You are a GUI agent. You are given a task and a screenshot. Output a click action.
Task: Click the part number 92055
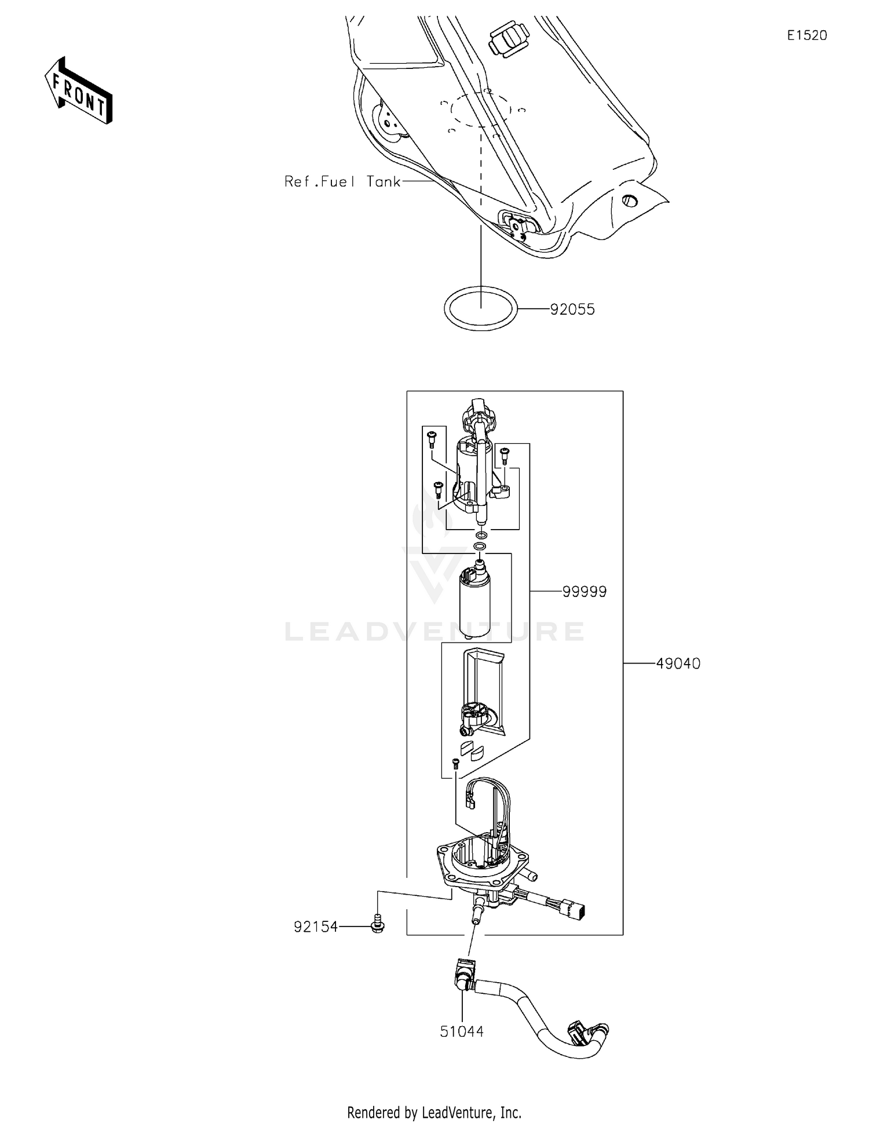click(572, 309)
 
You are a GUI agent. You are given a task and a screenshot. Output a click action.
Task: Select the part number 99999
click(584, 592)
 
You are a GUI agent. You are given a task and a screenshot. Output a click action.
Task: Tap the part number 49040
click(678, 663)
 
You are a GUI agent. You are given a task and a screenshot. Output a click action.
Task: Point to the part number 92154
click(316, 927)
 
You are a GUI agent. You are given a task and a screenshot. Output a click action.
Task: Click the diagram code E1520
click(806, 35)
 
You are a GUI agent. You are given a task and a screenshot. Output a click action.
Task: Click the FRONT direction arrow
click(78, 91)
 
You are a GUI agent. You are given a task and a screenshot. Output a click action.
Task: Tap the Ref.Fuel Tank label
click(342, 182)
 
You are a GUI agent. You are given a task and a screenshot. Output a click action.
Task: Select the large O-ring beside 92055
click(480, 308)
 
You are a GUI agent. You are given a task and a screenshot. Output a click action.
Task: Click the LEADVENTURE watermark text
click(434, 632)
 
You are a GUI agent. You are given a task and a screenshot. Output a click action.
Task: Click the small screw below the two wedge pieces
click(455, 764)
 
